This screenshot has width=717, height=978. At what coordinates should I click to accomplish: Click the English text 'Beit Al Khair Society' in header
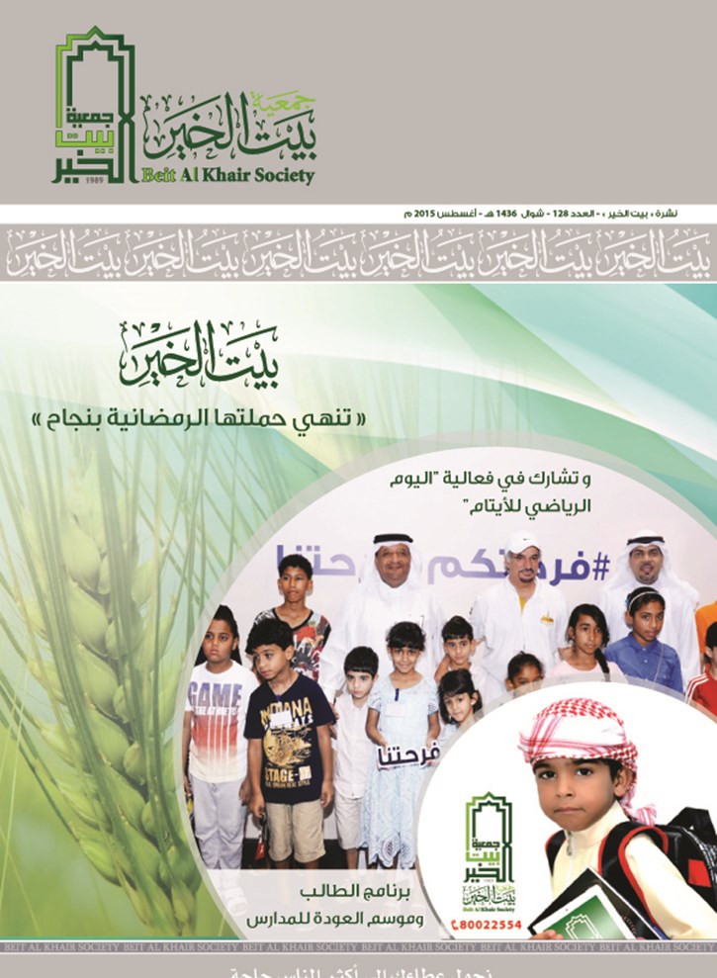tap(229, 176)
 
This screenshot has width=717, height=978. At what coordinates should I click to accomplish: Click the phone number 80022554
tap(493, 927)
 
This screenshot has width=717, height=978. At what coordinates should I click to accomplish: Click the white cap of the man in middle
tap(522, 541)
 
